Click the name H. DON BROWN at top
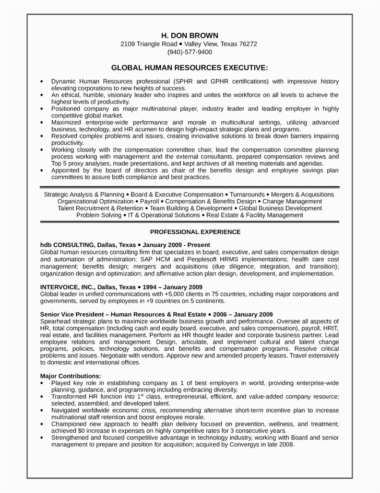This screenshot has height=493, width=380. click(189, 35)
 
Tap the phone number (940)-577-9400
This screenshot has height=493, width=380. click(189, 52)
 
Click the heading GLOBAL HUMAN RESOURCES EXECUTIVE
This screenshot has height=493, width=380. click(189, 68)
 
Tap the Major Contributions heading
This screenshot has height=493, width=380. click(70, 375)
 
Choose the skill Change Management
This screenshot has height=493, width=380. click(292, 201)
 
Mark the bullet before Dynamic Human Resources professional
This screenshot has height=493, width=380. click(42, 82)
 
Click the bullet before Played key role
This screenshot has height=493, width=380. click(42, 383)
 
